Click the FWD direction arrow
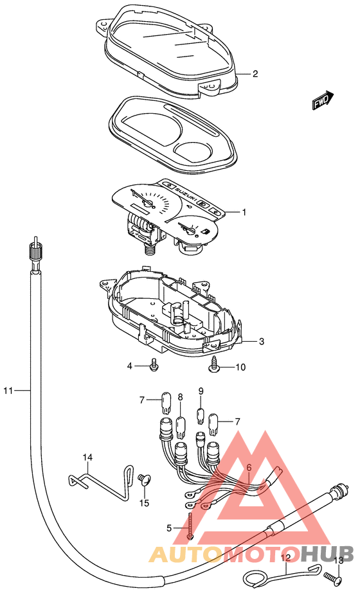(x=323, y=100)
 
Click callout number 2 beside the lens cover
(x=255, y=74)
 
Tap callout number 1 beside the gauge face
(x=244, y=212)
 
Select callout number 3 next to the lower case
(x=261, y=342)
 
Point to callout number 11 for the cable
(x=8, y=390)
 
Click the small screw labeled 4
(x=154, y=364)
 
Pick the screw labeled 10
(x=213, y=365)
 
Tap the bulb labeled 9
(x=201, y=416)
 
